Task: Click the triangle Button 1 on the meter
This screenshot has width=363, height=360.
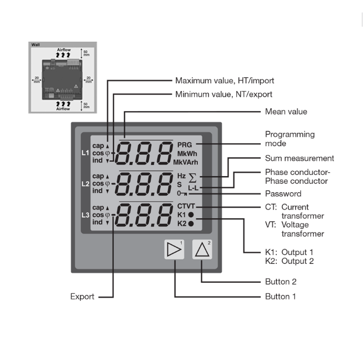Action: point(175,251)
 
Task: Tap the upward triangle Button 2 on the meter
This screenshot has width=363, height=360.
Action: point(202,251)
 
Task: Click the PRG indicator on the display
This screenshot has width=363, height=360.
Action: point(185,144)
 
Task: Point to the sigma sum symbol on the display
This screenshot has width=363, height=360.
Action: point(193,178)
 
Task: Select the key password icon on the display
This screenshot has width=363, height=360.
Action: point(182,193)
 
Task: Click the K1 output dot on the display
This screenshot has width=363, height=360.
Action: point(191,214)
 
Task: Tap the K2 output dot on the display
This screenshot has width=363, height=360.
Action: point(191,223)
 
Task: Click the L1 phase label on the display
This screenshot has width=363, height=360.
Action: point(85,152)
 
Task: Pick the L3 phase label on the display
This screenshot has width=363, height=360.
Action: point(85,214)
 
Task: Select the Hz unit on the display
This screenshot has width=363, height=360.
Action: point(181,176)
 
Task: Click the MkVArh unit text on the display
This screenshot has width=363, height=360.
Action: point(185,162)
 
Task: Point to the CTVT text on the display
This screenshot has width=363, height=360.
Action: point(187,206)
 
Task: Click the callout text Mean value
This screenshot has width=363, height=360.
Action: point(286,112)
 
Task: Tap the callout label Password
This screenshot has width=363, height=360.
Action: point(283,194)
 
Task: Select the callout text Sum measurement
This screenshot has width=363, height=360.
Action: point(299,158)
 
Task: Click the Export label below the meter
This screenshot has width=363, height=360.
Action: point(82,297)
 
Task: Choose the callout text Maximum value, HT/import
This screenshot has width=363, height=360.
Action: point(225,81)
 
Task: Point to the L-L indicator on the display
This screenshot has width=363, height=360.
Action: point(193,188)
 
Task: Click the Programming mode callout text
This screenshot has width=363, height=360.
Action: point(290,138)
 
